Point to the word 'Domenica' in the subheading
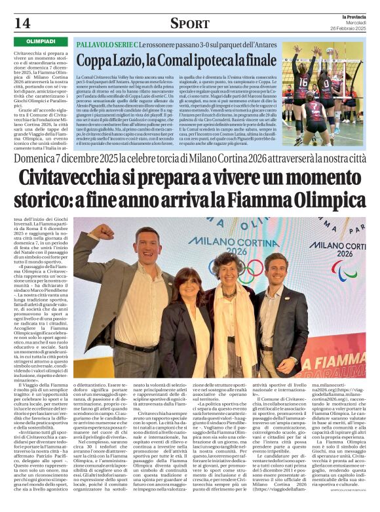pyautogui.click(x=37, y=159)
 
